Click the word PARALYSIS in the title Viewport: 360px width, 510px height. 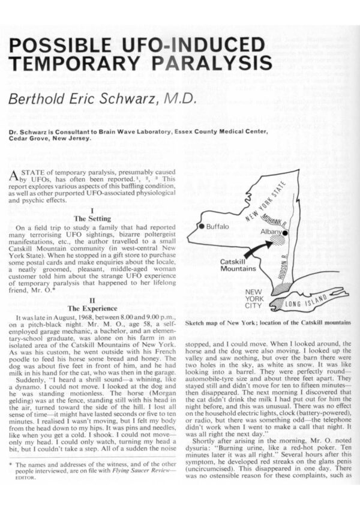pos(208,63)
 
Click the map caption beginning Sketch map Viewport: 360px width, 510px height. pos(267,322)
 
